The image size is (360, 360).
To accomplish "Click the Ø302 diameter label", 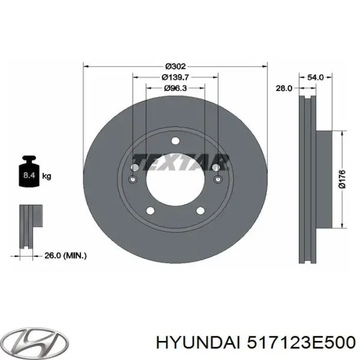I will (175, 66).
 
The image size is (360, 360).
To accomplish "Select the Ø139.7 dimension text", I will (175, 77).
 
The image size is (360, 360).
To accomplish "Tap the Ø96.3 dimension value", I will (175, 88).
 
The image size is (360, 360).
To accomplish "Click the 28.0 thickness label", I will (283, 88).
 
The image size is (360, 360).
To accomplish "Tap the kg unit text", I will (46, 176).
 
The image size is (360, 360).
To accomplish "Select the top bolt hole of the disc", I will (175, 141).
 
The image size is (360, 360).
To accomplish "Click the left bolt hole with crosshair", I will (133, 179).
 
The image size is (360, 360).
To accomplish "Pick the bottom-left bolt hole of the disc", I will (150, 210).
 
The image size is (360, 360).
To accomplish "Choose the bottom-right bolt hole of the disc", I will (201, 210).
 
